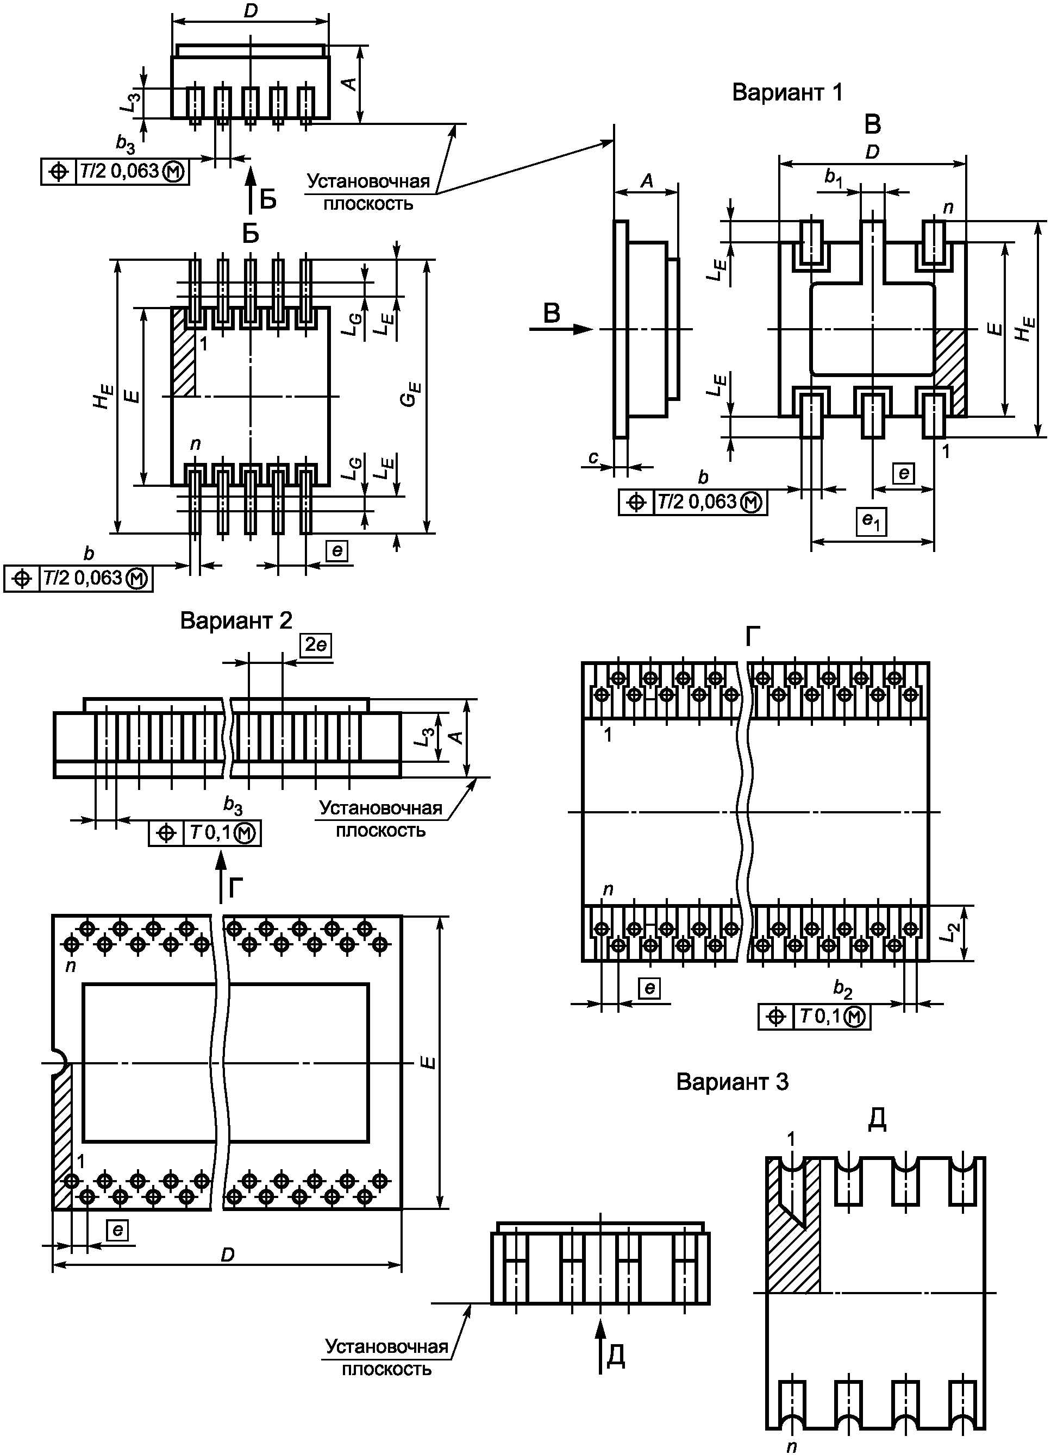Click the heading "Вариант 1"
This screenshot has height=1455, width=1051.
787,92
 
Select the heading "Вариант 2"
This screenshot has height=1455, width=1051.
236,620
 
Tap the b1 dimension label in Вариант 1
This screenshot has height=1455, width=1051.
834,178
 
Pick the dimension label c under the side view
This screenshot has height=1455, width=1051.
593,457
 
